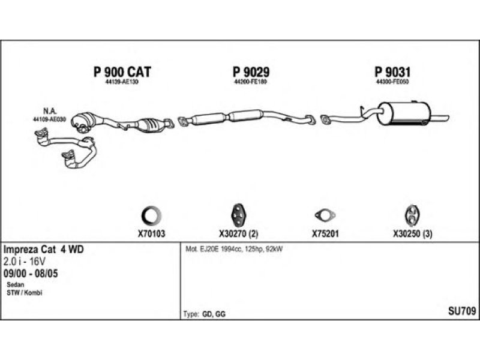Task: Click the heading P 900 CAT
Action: pos(122,72)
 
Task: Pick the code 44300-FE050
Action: pos(392,83)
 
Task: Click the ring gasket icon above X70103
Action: pos(149,215)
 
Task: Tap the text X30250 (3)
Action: pos(413,235)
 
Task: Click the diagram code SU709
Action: pos(462,310)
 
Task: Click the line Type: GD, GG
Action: pos(204,314)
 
